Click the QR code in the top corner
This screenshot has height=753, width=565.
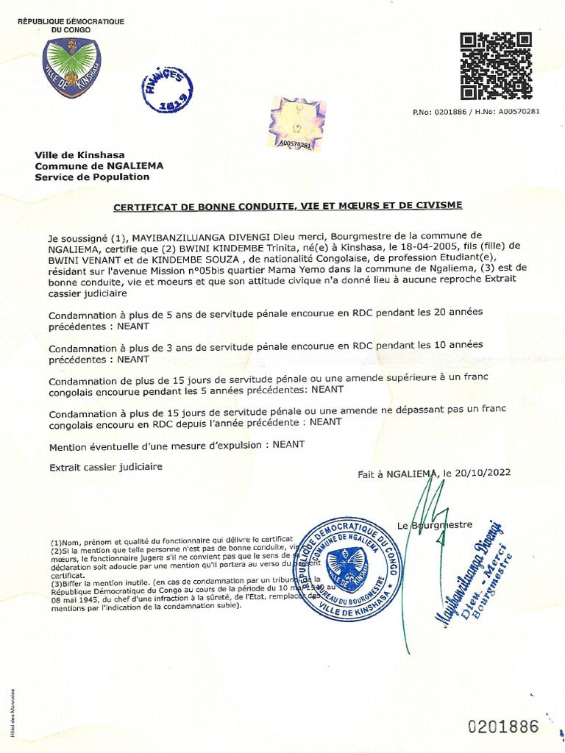496,66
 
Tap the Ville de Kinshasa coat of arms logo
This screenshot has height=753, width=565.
71,68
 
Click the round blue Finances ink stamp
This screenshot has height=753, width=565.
168,90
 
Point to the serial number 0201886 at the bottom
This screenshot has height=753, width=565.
504,727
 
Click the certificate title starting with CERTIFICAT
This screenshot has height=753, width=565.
288,207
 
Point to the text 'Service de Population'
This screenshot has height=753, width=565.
92,176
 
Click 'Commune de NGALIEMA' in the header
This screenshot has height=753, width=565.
99,165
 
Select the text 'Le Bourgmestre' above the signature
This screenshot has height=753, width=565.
434,525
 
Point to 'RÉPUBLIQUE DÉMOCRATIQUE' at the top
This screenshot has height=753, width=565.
71,22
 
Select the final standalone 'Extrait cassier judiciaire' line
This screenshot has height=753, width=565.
105,467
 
